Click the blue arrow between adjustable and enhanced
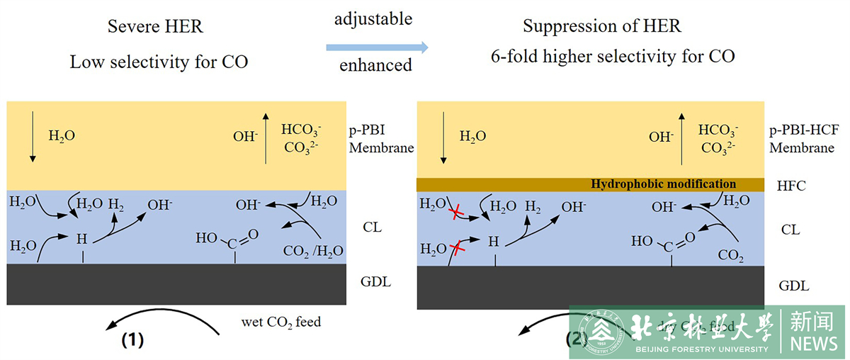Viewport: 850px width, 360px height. (377, 47)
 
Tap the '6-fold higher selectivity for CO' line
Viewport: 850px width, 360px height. (613, 56)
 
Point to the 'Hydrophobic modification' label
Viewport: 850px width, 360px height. (663, 184)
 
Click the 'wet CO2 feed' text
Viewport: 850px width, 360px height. (281, 322)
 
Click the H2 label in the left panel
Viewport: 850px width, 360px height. (116, 205)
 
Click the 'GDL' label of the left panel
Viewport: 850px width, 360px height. (375, 282)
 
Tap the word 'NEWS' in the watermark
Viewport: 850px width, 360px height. (813, 344)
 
